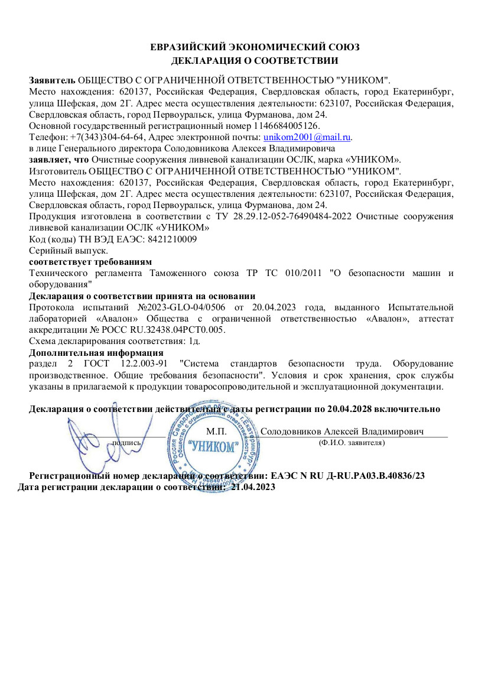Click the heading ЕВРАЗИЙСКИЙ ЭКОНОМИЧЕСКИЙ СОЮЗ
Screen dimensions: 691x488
pos(255,47)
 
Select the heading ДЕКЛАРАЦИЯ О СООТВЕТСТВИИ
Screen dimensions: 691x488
pos(255,60)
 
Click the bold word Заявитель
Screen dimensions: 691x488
pos(53,80)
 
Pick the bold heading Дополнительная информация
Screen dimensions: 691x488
pos(96,353)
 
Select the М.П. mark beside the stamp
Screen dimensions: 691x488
pos(217,432)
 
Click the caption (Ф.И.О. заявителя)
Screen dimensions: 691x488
pos(351,442)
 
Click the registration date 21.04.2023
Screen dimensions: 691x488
pos(253,487)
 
